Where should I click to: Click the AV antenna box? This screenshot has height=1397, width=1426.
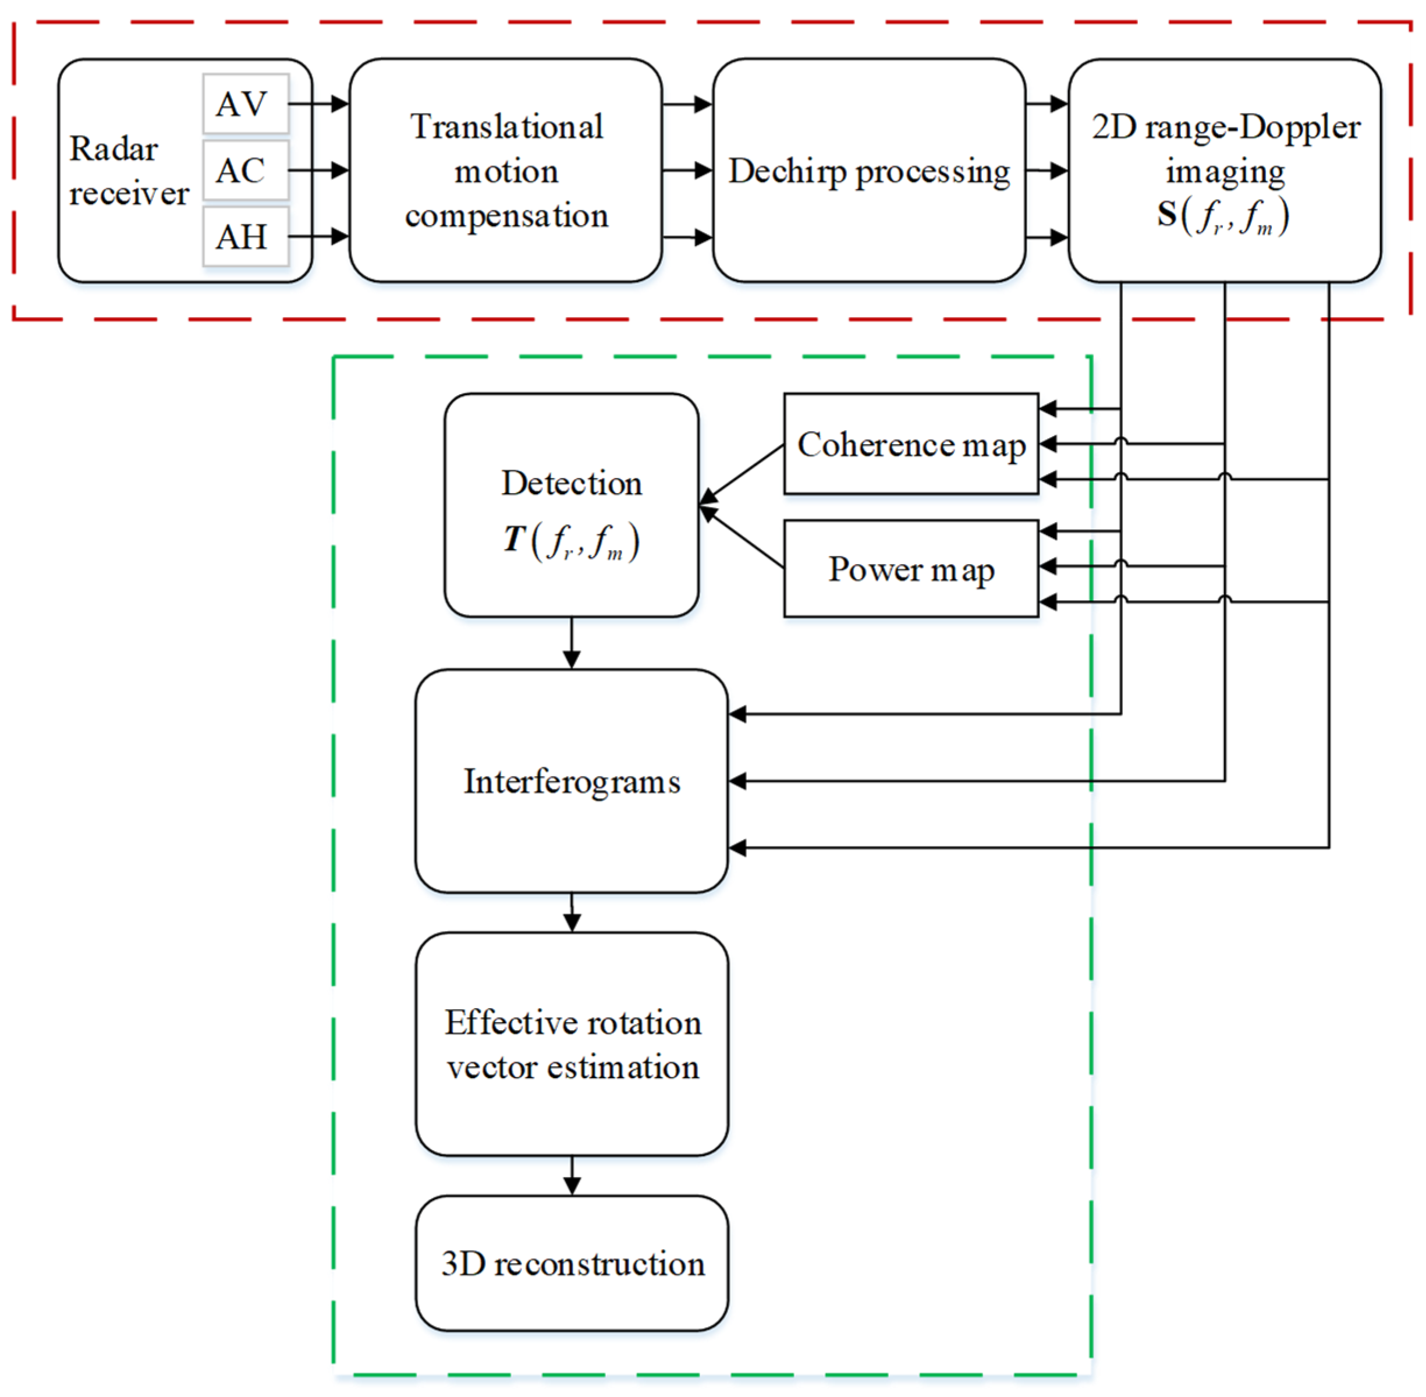click(245, 104)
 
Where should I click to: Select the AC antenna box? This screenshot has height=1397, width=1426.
click(245, 170)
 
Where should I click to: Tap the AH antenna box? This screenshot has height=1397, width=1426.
click(245, 236)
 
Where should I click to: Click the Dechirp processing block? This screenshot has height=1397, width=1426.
click(868, 170)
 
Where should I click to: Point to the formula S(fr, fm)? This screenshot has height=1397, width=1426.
click(1223, 216)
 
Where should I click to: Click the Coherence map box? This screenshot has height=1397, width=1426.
click(910, 444)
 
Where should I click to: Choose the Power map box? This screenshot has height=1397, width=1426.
click(910, 569)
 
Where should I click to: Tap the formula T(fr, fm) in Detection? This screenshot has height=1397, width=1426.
click(571, 541)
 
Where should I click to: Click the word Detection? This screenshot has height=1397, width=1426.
click(571, 483)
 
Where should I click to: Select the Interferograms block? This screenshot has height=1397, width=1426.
click(571, 781)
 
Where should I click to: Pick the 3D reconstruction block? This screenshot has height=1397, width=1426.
click(571, 1264)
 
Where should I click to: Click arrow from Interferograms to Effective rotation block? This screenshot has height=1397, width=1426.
click(572, 913)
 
